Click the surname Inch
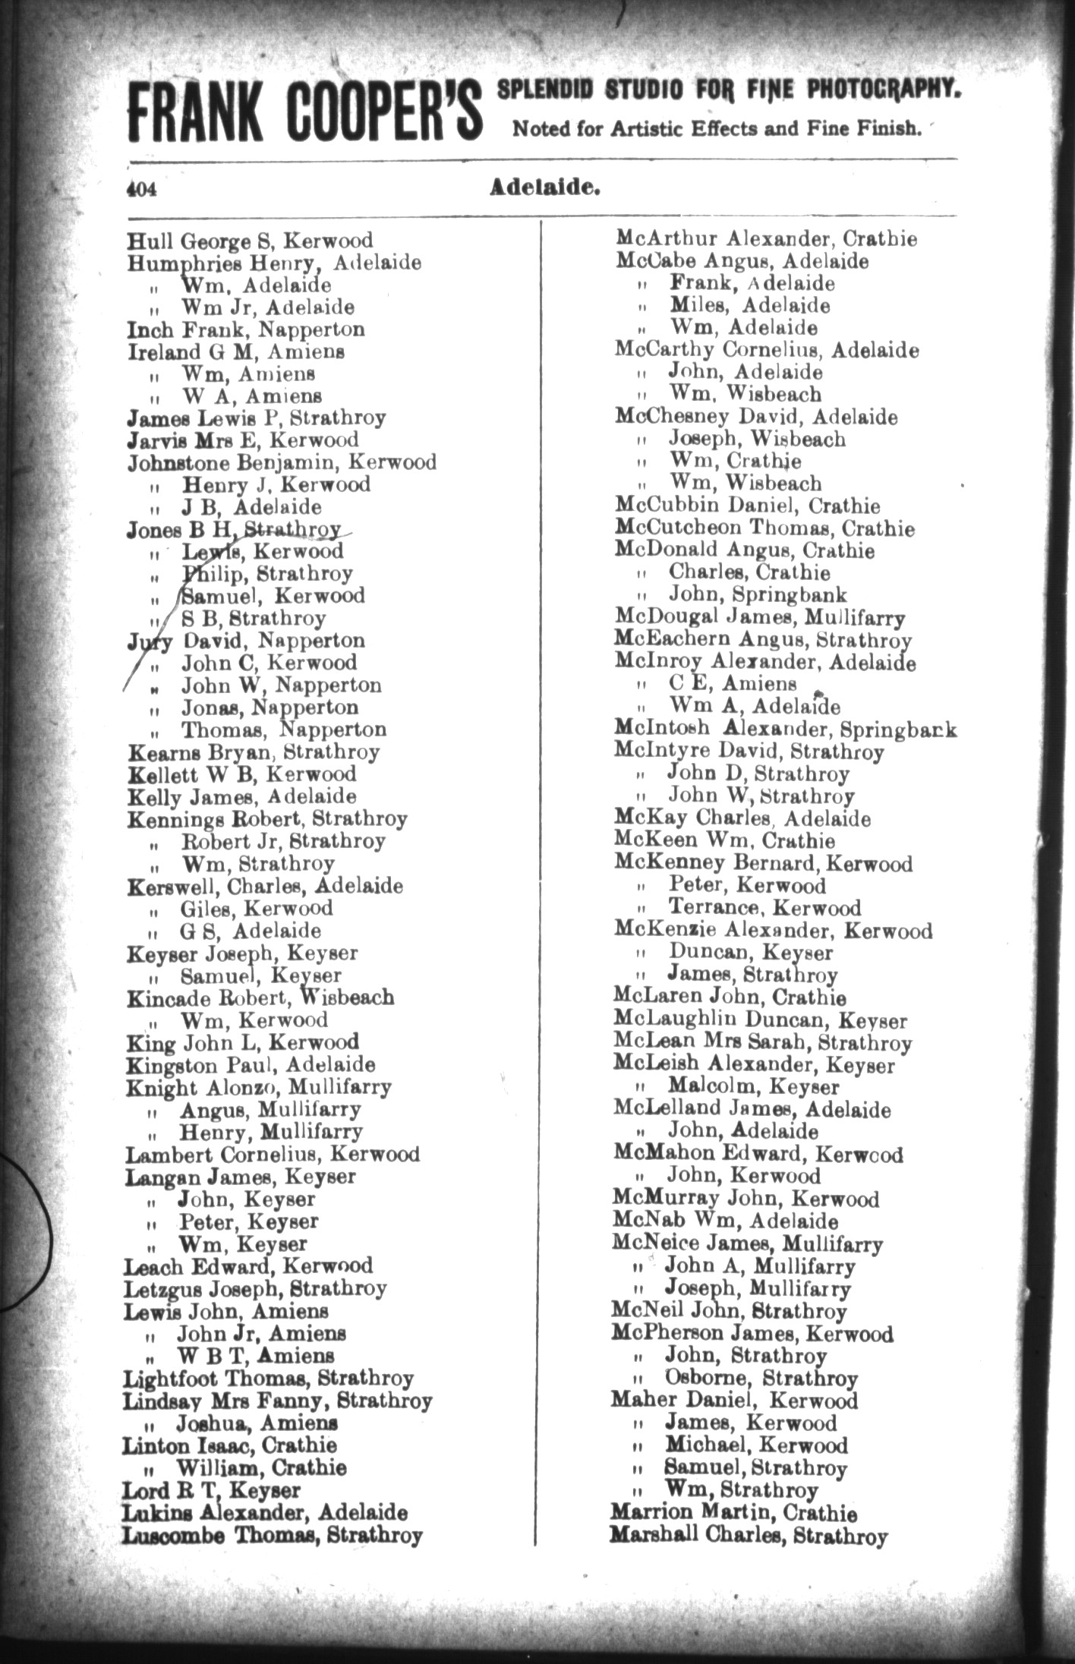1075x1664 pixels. pyautogui.click(x=149, y=329)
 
